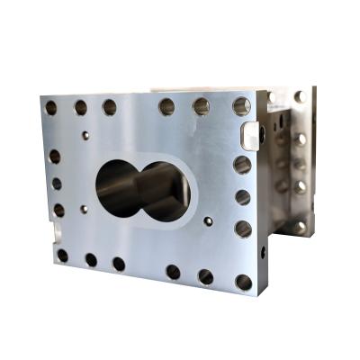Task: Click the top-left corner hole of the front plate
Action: [51, 107]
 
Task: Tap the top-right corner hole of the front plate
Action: [241, 106]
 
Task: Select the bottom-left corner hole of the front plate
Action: [62, 256]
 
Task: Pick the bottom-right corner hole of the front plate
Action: [244, 283]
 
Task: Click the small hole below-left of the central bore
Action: [84, 209]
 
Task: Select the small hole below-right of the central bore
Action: [209, 219]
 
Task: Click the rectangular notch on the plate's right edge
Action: [249, 136]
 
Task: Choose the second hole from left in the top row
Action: [80, 107]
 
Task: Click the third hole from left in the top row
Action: [109, 107]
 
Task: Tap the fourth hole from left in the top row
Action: [167, 106]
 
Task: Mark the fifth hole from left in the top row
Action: [202, 106]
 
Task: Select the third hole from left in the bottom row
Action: [119, 264]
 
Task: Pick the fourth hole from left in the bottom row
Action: [173, 272]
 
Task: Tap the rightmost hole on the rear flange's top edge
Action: [300, 96]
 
